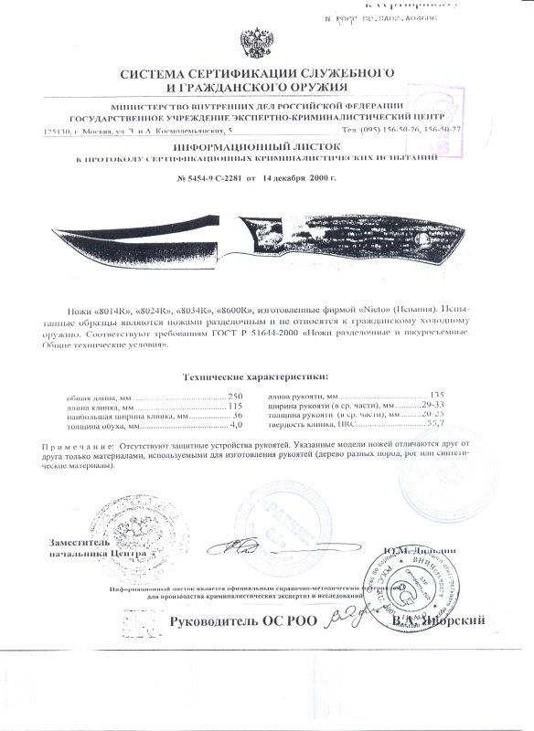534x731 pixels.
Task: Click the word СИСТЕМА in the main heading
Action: click(152, 72)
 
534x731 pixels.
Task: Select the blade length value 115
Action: click(236, 406)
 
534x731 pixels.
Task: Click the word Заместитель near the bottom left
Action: click(86, 543)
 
